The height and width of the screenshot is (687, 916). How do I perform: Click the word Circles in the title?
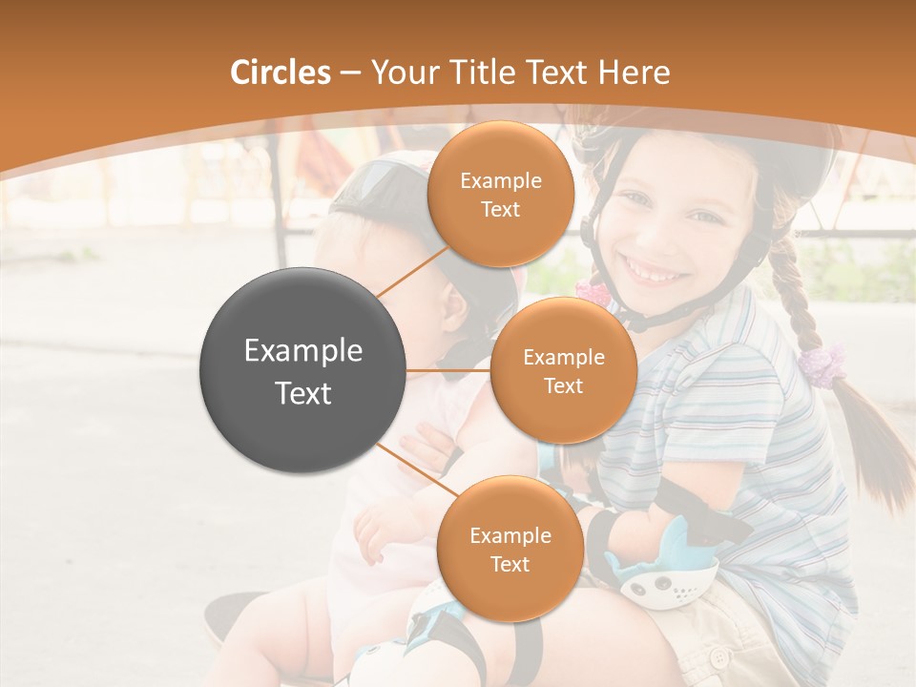(x=280, y=73)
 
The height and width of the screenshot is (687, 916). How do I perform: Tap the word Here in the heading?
(x=635, y=73)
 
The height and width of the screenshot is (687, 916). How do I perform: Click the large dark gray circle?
(x=302, y=370)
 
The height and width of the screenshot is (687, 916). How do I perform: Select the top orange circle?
(x=500, y=194)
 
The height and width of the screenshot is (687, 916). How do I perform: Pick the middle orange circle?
(x=563, y=370)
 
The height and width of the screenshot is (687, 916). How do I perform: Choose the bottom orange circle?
(x=510, y=549)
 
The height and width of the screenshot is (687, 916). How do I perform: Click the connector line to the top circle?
(x=411, y=271)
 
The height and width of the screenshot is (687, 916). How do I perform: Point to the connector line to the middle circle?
(x=448, y=370)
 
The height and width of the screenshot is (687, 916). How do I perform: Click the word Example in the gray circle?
(x=302, y=351)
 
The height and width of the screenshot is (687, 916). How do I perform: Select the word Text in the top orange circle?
(x=500, y=209)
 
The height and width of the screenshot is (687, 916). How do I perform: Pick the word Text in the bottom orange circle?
(x=510, y=564)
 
